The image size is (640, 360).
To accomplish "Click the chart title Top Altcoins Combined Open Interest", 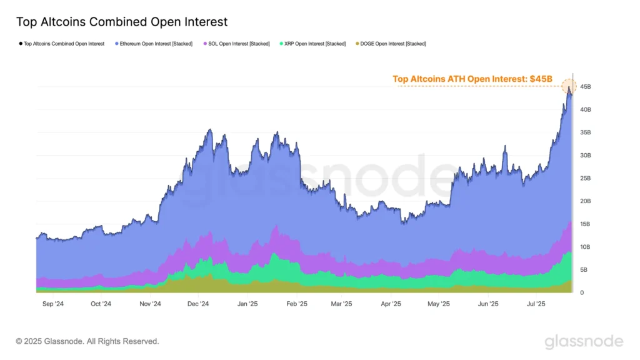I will point(121,22).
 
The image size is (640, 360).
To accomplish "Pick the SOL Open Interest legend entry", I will point(237,44).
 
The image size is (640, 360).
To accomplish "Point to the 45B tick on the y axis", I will point(586,87).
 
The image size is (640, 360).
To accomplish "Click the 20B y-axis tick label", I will point(586,201).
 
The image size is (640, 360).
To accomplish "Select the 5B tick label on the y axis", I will point(584,270).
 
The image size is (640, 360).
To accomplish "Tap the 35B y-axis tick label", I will point(586,132).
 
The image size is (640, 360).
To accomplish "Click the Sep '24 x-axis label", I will point(52,304).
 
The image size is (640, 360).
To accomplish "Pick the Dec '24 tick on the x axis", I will point(197,304).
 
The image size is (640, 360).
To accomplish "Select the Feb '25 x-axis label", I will point(297,304).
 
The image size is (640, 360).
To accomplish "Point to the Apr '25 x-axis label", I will point(391,304).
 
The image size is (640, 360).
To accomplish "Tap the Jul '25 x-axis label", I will point(536,304).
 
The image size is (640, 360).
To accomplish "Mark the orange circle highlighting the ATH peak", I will point(569,87).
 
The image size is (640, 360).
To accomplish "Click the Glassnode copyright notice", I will point(87,341).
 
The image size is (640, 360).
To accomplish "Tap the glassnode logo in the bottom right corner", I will point(584,341).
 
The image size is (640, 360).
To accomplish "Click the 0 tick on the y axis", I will point(582,293).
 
